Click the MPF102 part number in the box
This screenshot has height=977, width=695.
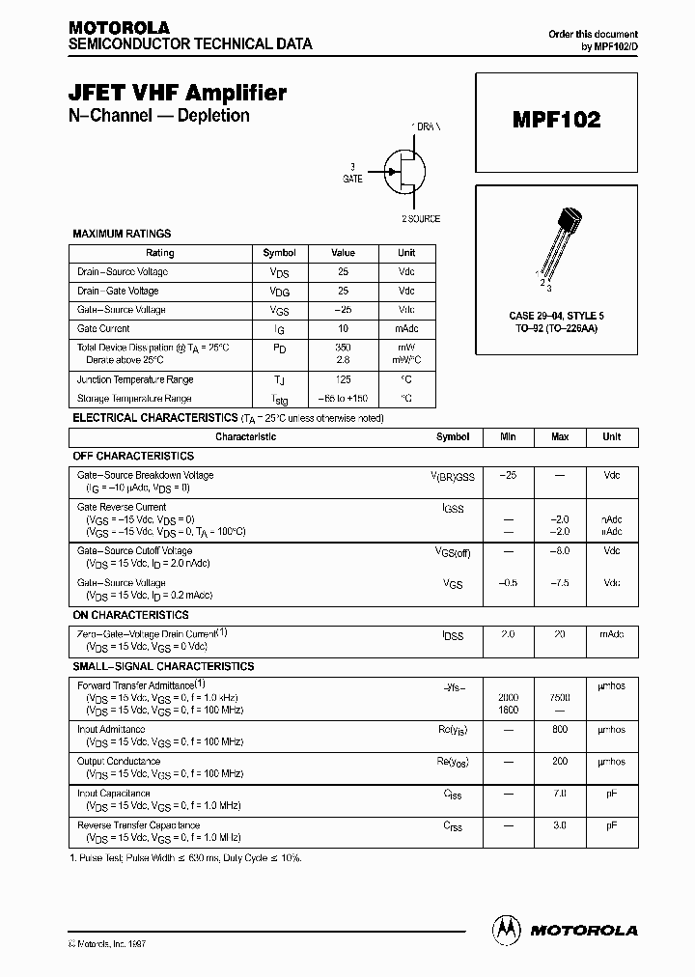[x=556, y=120]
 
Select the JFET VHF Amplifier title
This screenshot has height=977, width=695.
[x=178, y=93]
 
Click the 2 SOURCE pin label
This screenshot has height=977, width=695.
[x=421, y=219]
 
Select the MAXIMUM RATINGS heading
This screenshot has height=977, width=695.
[x=123, y=234]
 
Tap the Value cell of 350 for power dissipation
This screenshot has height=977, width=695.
[x=344, y=347]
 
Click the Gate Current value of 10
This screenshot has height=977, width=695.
[x=344, y=329]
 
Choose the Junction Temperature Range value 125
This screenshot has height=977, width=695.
[x=344, y=380]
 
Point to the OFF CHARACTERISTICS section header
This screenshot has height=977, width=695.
[x=133, y=456]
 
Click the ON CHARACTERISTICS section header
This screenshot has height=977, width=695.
[x=130, y=615]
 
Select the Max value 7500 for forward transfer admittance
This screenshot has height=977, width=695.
[x=560, y=697]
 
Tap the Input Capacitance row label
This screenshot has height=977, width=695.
[x=114, y=793]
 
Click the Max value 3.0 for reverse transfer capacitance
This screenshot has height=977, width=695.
[x=560, y=825]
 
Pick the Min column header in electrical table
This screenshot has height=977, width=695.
[x=508, y=436]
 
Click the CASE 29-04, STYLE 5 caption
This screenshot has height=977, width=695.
[x=556, y=317]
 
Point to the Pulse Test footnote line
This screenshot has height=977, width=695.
[x=185, y=857]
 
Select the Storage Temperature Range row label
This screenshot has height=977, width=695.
[x=134, y=398]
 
